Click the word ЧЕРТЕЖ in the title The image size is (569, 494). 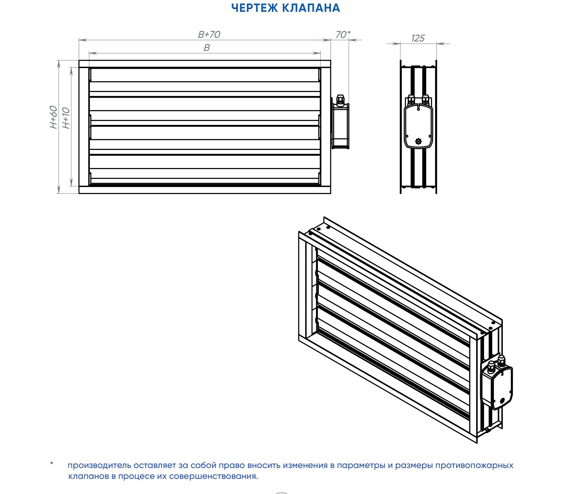[255, 8]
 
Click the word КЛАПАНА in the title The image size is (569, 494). [311, 8]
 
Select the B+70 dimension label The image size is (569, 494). [209, 35]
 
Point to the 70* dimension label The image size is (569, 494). [343, 35]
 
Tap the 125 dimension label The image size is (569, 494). [418, 38]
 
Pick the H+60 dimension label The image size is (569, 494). [53, 117]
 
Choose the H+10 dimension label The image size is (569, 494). [66, 118]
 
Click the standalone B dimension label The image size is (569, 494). [207, 48]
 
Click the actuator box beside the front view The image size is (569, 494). [341, 126]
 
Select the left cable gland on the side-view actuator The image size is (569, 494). [411, 99]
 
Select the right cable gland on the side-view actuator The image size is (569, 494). [426, 99]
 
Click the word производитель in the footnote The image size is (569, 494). [100, 466]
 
